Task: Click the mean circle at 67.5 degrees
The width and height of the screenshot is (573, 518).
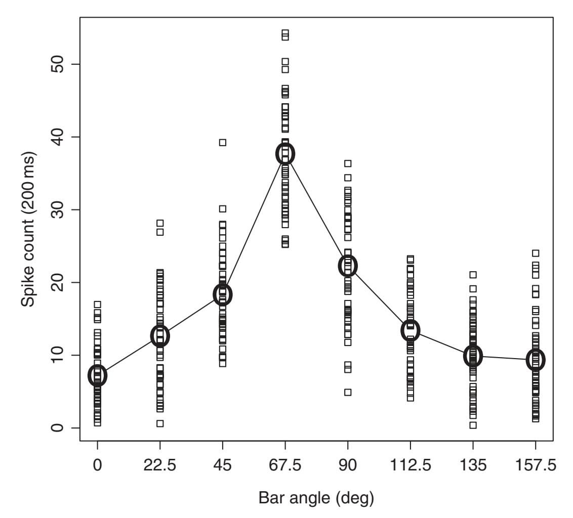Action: click(285, 153)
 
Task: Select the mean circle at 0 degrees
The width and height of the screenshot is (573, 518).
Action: click(97, 375)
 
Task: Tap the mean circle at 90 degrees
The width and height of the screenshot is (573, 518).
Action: click(348, 265)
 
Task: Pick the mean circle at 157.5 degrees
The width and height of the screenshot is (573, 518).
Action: click(536, 360)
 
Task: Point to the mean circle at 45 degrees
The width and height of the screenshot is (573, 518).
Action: click(223, 294)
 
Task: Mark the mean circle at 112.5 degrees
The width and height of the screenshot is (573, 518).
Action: click(411, 330)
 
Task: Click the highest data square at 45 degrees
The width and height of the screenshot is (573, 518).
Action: click(223, 142)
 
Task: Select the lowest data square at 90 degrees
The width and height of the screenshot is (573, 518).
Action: click(348, 392)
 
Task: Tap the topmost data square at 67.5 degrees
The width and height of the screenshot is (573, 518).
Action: click(285, 33)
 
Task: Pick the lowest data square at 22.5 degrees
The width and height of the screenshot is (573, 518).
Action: click(160, 423)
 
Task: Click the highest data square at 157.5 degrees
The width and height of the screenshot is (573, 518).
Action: click(536, 253)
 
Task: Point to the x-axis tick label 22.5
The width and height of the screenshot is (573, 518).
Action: click(160, 464)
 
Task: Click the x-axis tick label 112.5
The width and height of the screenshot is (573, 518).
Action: click(411, 464)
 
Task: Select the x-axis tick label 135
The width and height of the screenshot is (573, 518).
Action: click(473, 464)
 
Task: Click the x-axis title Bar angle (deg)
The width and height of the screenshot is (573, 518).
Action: click(316, 498)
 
